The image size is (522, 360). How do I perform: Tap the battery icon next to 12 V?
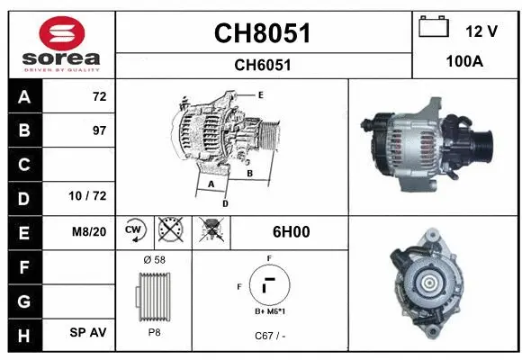(x=434, y=29)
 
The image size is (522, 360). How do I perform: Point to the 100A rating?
(x=465, y=63)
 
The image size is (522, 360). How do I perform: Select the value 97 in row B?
(x=99, y=130)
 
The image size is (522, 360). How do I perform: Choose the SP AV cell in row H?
(x=88, y=332)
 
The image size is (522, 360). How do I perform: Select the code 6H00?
(x=291, y=231)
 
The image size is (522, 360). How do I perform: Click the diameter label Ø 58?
(x=153, y=260)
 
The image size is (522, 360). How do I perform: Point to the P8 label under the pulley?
(x=153, y=331)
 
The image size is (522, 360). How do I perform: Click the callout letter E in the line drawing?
(x=260, y=94)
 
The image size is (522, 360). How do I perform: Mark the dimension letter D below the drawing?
(x=225, y=203)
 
